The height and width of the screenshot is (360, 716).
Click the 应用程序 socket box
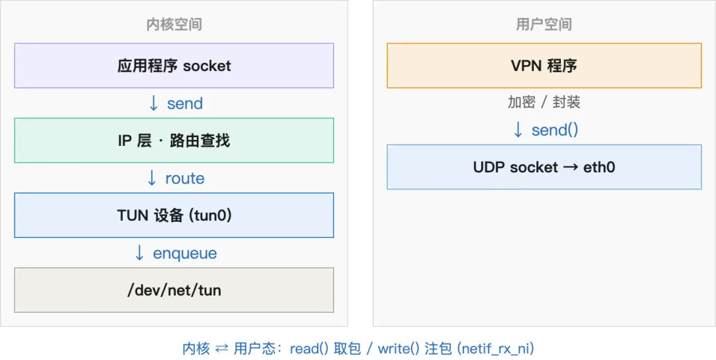tap(174, 66)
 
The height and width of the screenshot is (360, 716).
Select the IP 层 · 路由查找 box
tap(174, 141)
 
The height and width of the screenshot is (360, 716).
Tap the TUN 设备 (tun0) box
tap(174, 215)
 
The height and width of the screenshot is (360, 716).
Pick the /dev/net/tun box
tap(174, 290)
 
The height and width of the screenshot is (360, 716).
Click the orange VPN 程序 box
tap(544, 66)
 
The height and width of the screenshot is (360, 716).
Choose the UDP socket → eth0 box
tap(544, 167)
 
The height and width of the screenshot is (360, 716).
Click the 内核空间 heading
tap(174, 25)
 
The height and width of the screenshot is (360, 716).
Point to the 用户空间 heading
tap(544, 25)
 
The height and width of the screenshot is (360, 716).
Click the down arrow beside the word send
tap(154, 103)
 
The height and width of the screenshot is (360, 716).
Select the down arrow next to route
tap(152, 178)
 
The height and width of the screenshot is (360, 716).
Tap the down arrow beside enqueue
tap(140, 253)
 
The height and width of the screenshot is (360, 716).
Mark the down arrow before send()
tap(518, 130)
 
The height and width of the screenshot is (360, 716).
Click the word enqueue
tap(185, 253)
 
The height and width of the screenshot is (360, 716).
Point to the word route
tap(185, 178)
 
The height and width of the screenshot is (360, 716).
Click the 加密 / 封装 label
tap(544, 102)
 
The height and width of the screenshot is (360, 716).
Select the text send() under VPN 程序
tap(555, 130)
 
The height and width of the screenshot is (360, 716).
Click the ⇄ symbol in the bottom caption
tap(221, 349)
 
